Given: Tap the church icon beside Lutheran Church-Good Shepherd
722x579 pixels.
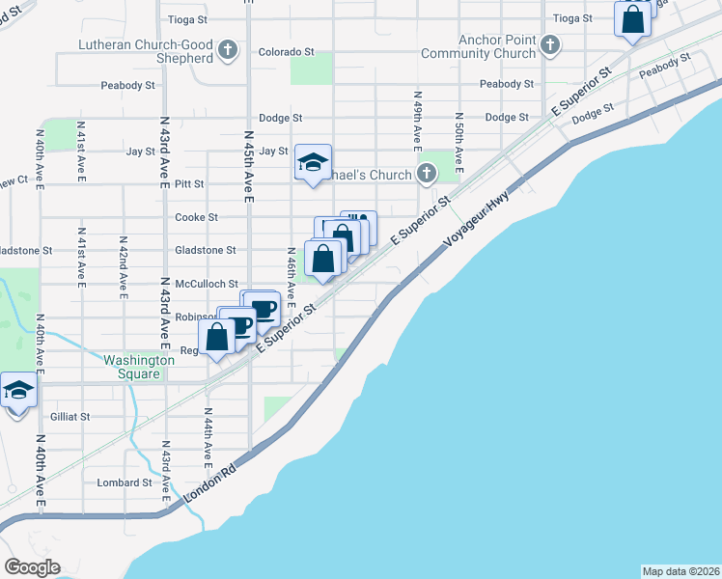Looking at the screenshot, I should click(x=228, y=50).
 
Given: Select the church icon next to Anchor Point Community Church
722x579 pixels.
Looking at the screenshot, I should click(x=550, y=45).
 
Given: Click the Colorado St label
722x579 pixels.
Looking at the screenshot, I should click(x=286, y=50).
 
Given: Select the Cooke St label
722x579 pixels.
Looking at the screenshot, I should click(x=196, y=218).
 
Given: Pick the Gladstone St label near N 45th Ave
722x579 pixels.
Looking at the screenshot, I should click(x=205, y=250).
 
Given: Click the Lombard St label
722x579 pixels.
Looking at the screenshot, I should click(x=125, y=482).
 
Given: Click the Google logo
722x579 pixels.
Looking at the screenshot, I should click(x=32, y=566).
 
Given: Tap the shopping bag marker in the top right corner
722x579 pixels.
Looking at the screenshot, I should click(x=632, y=20).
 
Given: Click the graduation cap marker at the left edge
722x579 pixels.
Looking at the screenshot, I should click(x=18, y=392).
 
